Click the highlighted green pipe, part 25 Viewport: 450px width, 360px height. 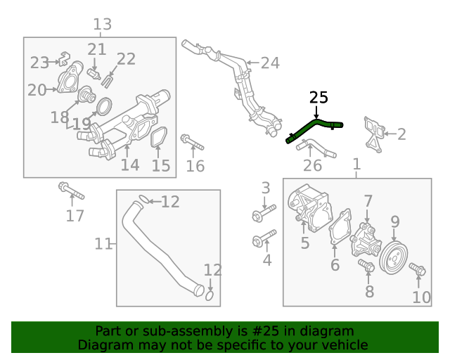point(313,128)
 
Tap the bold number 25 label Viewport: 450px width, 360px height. point(319,98)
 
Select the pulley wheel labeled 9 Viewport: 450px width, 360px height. point(393,257)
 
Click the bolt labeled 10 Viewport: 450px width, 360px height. point(417,269)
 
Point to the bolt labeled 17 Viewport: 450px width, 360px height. point(70,191)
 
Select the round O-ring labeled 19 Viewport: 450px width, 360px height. point(103,108)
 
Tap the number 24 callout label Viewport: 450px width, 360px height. point(270,63)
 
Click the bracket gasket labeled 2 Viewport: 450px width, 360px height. point(374,133)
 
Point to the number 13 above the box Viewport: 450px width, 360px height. point(103,25)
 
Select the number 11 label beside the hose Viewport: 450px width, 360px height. point(103,244)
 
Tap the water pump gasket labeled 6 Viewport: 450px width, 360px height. point(342,229)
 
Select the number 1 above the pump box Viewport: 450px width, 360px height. point(356,165)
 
